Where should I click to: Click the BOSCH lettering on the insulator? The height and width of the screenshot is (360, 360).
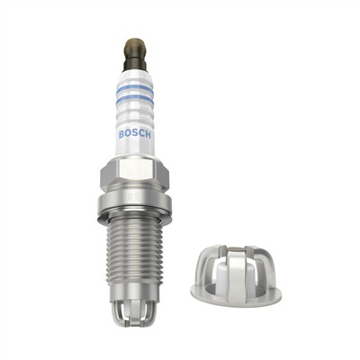(x=135, y=135)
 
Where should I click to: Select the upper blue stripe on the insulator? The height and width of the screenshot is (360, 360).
(x=135, y=88)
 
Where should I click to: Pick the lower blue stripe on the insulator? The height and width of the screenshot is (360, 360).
(x=135, y=100)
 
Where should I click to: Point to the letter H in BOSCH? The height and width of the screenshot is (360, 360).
(x=149, y=135)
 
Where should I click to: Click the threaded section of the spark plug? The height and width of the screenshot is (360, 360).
(x=135, y=252)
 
